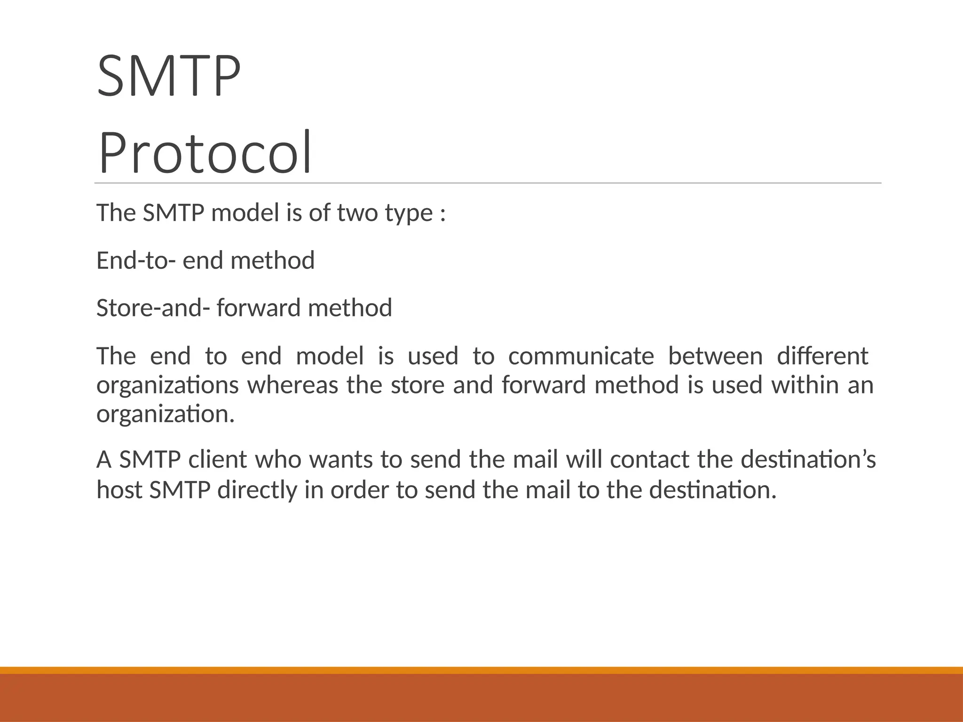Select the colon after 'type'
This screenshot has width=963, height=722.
click(x=442, y=214)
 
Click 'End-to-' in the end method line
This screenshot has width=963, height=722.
click(x=136, y=260)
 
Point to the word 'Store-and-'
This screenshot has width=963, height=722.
click(x=153, y=308)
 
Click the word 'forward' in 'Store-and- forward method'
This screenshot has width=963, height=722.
click(x=258, y=308)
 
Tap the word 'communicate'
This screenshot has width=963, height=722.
click(x=581, y=356)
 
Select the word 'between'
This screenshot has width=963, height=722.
click(x=715, y=356)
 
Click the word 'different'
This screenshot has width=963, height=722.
click(x=822, y=356)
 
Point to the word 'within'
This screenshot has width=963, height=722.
click(x=805, y=385)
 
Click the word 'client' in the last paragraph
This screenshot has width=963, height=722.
click(x=217, y=459)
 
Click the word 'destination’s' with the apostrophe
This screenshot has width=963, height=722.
click(x=808, y=459)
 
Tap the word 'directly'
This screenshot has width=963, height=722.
click(x=257, y=490)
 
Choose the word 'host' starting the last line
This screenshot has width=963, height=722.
click(x=119, y=490)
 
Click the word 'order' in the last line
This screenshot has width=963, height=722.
click(x=360, y=490)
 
